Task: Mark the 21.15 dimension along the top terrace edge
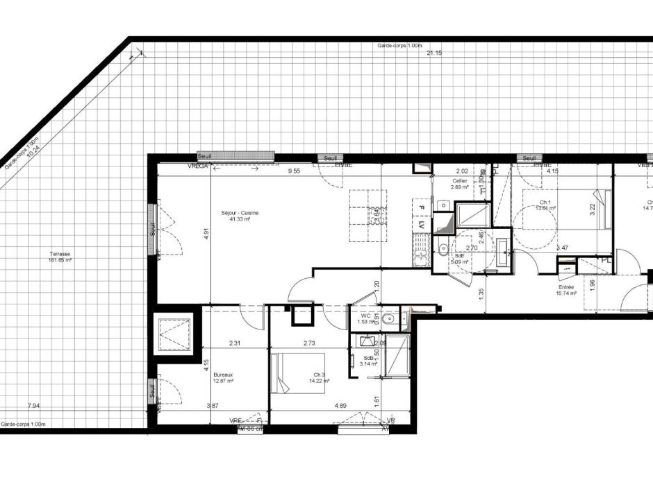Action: pos(434,53)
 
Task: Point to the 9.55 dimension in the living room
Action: pos(295,171)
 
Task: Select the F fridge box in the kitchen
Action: pos(420,207)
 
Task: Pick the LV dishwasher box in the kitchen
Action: pos(420,225)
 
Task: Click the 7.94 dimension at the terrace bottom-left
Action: pos(33,406)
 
